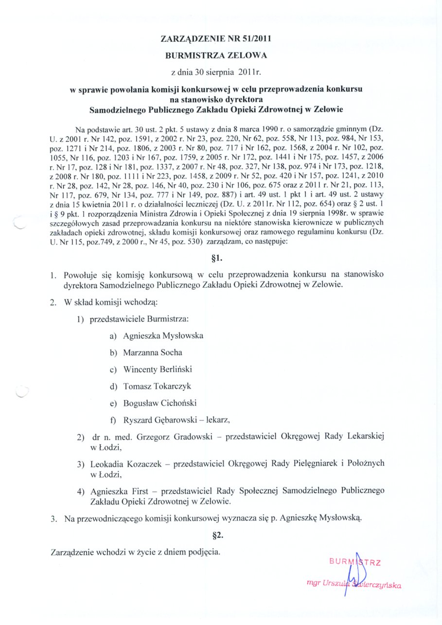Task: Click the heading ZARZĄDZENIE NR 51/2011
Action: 216,38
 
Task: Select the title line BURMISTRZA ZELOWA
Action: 216,55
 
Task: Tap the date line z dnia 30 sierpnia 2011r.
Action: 216,73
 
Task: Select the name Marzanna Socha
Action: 153,352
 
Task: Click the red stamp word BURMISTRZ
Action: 354,563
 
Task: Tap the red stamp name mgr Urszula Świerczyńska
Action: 354,585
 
